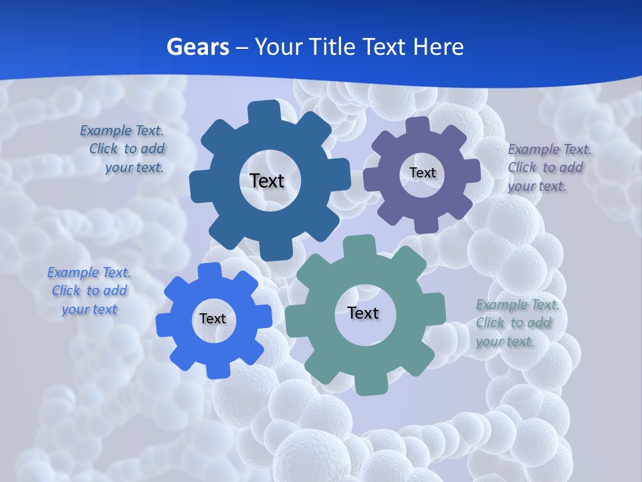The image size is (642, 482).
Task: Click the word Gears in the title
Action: click(x=198, y=47)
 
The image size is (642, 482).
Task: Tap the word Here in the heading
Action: click(x=438, y=47)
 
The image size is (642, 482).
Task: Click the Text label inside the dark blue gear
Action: click(x=267, y=181)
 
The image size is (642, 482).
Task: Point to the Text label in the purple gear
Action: click(x=423, y=173)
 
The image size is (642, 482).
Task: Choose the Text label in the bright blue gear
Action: click(x=213, y=319)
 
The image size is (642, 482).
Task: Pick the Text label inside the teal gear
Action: click(x=363, y=313)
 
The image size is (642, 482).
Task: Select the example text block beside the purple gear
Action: click(x=549, y=167)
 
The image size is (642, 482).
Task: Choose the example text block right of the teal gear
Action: click(x=517, y=323)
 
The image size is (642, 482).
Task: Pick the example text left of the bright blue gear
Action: click(x=89, y=291)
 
